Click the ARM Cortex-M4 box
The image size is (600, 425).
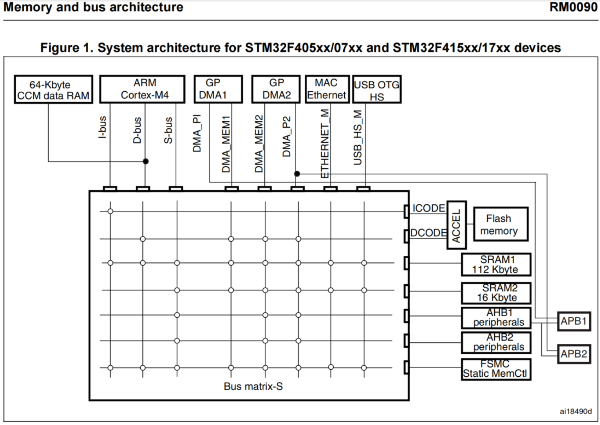pyautogui.click(x=142, y=89)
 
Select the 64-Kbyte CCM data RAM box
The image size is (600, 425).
pyautogui.click(x=54, y=89)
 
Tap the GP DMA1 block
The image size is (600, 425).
pyautogui.click(x=218, y=89)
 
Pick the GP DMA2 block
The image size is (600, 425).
pyautogui.click(x=276, y=89)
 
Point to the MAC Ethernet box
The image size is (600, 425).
pyautogui.click(x=327, y=89)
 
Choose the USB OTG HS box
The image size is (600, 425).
pyautogui.click(x=377, y=89)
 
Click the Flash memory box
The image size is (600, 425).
pyautogui.click(x=500, y=224)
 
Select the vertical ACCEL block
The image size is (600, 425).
pyautogui.click(x=456, y=225)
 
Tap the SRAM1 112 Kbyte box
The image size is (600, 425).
pyautogui.click(x=496, y=264)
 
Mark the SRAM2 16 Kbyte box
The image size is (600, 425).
pyautogui.click(x=496, y=293)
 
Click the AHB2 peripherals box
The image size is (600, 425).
pyautogui.click(x=496, y=343)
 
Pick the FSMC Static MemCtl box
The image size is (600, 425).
pyautogui.click(x=496, y=369)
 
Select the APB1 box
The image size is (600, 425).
pyautogui.click(x=574, y=321)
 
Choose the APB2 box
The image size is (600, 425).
pyautogui.click(x=574, y=354)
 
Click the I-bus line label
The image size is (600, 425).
pyautogui.click(x=102, y=127)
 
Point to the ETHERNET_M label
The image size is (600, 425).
pyautogui.click(x=325, y=143)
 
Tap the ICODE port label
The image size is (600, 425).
pyautogui.click(x=428, y=208)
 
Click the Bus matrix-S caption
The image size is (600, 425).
pyautogui.click(x=253, y=386)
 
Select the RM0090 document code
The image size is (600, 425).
pyautogui.click(x=573, y=7)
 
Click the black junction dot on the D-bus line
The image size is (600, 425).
pyautogui.click(x=146, y=161)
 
